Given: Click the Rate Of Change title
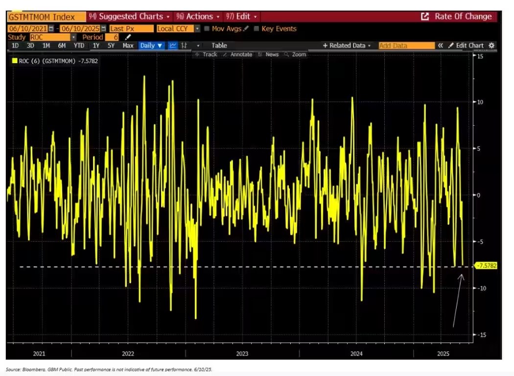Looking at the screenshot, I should coord(463,17).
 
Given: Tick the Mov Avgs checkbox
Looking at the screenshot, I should coord(208,29).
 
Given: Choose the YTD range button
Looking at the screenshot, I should coord(79,45).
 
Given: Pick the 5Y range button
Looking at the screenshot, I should coord(112,45).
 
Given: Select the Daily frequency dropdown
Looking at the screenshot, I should coord(151,45).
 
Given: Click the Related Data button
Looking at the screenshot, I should coord(347,45).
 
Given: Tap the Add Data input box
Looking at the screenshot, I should coord(406,45).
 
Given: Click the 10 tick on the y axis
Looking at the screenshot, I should coord(481,102).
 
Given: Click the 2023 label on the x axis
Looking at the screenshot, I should coord(242,354).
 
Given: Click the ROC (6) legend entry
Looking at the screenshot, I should coord(54,61).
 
